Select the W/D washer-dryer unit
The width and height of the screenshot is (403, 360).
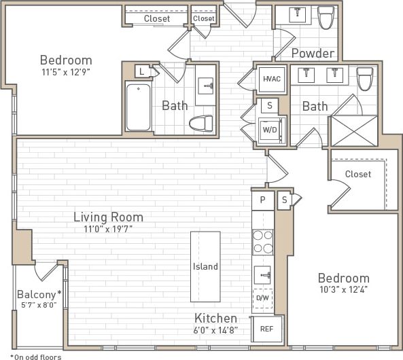click(x=270, y=129)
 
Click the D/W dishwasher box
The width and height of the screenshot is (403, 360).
click(x=262, y=298)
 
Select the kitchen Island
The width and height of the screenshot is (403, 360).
click(x=205, y=266)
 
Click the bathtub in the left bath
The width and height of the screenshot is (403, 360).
click(x=138, y=107)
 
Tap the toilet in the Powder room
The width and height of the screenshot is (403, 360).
click(x=327, y=18)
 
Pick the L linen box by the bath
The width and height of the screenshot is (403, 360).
click(x=141, y=71)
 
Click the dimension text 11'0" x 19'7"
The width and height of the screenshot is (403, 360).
click(x=107, y=229)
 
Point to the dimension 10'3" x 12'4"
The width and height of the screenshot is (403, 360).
click(x=344, y=290)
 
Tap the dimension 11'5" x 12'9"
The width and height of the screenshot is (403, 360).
click(x=65, y=70)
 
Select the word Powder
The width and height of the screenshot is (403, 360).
click(x=313, y=53)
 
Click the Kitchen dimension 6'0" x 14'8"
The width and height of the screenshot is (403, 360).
click(x=216, y=330)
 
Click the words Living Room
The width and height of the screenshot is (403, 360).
click(x=108, y=217)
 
